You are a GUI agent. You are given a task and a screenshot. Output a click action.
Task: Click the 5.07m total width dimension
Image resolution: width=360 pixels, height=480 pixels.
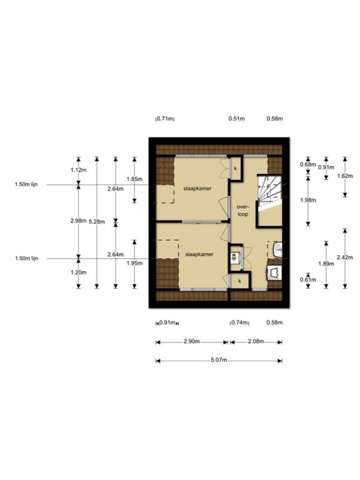tap(219, 360)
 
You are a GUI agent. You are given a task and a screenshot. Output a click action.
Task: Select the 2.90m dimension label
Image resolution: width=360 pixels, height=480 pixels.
tap(192, 341)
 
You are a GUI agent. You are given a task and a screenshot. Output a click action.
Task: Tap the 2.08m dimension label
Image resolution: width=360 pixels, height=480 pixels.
tap(256, 341)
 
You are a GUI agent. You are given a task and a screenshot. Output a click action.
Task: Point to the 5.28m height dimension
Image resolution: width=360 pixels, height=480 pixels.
tap(97, 221)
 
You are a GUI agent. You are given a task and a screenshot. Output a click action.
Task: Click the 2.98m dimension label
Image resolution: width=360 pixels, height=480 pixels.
tap(78, 220)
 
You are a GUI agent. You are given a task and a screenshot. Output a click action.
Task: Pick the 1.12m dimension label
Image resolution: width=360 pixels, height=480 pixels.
tap(79, 170)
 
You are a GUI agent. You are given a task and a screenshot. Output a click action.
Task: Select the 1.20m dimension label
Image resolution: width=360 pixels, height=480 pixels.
tap(79, 272)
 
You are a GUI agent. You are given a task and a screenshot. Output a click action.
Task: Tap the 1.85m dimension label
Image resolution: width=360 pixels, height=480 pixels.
tap(134, 179)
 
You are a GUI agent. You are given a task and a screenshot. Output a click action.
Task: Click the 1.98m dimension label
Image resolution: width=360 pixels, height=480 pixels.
tap(308, 200)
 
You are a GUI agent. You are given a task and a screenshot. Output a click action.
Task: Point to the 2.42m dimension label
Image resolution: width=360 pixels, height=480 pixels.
tap(345, 257)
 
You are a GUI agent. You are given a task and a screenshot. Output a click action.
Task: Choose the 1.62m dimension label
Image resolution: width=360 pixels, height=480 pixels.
tap(345, 176)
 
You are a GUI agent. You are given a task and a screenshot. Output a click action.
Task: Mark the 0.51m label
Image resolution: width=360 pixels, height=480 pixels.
tap(236, 118)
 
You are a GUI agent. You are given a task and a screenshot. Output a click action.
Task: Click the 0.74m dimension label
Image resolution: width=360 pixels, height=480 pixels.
tap(239, 322)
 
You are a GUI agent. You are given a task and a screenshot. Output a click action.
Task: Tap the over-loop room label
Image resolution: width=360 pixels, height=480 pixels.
tap(242, 211)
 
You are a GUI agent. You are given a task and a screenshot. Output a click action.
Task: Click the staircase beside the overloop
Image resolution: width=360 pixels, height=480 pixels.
tap(269, 191)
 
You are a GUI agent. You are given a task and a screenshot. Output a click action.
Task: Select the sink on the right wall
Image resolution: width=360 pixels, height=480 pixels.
tap(278, 250)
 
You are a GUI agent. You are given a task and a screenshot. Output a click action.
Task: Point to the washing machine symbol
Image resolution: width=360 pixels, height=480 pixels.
tap(275, 272)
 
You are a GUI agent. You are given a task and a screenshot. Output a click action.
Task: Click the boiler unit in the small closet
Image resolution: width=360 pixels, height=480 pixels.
tap(234, 257)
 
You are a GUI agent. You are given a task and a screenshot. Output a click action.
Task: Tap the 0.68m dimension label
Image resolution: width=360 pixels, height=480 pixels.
tap(308, 164)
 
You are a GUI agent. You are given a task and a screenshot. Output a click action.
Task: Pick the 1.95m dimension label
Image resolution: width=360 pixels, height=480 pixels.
tap(134, 263)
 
